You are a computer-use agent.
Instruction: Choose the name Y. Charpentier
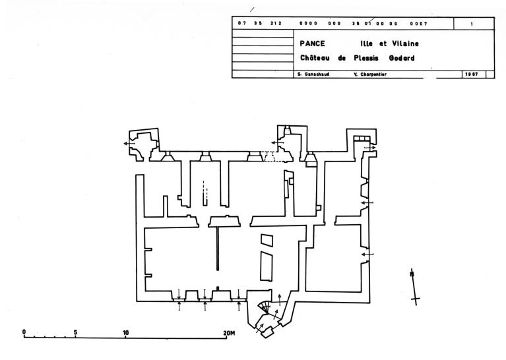click(x=370, y=75)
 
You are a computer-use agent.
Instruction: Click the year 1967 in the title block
click(x=472, y=75)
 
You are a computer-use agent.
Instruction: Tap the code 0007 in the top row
click(x=418, y=24)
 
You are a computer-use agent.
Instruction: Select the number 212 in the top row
click(x=276, y=24)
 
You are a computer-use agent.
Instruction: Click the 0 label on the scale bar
click(x=24, y=331)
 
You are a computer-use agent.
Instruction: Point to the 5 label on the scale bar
click(x=75, y=331)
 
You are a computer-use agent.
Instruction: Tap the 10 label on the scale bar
click(x=125, y=331)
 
